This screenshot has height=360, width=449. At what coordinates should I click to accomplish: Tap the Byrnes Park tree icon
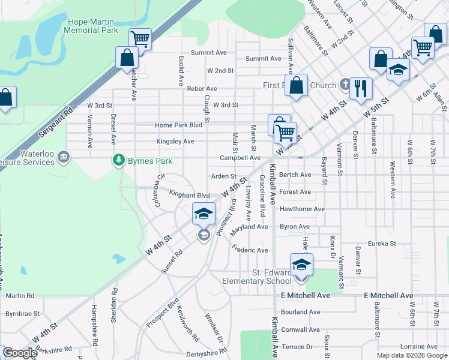[x=119, y=160]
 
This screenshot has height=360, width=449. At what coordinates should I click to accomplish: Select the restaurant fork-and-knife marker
[x=360, y=89]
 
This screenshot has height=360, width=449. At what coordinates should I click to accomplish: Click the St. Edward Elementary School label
[x=256, y=277]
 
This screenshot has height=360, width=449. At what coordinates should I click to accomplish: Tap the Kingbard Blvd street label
[x=189, y=195]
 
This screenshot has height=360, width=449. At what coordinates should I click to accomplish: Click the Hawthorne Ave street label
[x=302, y=209]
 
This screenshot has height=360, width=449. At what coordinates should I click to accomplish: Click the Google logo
[x=19, y=353]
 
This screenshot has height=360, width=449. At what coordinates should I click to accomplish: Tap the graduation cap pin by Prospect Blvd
[x=203, y=214]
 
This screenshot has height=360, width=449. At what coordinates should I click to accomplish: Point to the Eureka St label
[x=382, y=244]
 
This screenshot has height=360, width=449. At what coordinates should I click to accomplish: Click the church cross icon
[x=345, y=85]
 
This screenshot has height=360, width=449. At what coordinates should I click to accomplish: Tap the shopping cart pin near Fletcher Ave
[x=140, y=40]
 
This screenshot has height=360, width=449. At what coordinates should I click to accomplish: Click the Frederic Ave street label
[x=250, y=250]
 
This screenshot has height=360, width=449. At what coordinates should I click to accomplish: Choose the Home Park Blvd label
[x=178, y=125]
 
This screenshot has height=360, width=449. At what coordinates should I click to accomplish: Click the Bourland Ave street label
[x=300, y=312]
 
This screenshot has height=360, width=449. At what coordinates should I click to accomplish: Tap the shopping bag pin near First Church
[x=297, y=85]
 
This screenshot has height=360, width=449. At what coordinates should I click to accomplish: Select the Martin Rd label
[x=20, y=296]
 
